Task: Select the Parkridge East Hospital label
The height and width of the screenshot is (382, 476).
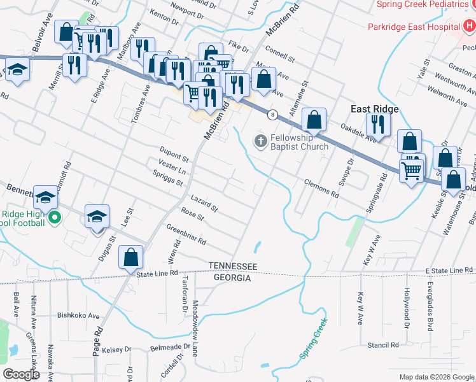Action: [x=413, y=27]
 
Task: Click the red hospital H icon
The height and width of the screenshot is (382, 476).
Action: [x=468, y=26]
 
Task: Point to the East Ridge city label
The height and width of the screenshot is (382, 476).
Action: [x=375, y=109]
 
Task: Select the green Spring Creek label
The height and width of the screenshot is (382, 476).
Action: [x=313, y=337]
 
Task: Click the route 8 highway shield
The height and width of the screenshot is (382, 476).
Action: [x=272, y=115]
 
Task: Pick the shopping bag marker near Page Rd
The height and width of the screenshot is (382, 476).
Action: [x=130, y=258]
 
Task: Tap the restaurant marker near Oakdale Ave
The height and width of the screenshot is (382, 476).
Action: [x=378, y=125]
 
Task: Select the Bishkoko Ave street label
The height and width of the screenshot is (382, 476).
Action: [x=79, y=315]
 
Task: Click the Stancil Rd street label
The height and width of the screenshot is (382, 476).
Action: [x=382, y=344]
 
